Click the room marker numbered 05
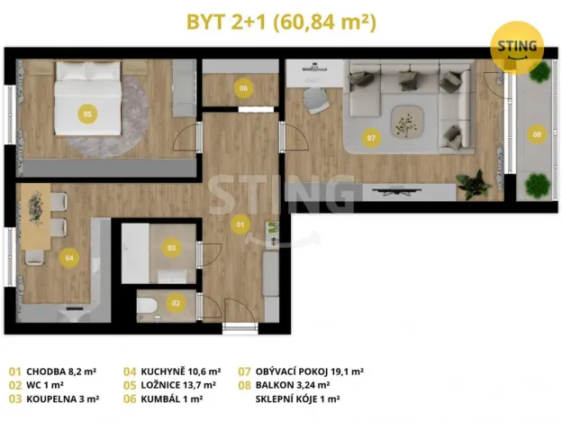(x=87, y=114)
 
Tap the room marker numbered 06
(x=242, y=88)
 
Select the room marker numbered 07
(x=371, y=138)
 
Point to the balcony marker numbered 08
(x=537, y=134)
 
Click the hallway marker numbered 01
(x=240, y=223)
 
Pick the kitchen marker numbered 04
(x=68, y=257)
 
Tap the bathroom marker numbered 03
(x=172, y=247)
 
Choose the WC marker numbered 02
(x=177, y=303)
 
